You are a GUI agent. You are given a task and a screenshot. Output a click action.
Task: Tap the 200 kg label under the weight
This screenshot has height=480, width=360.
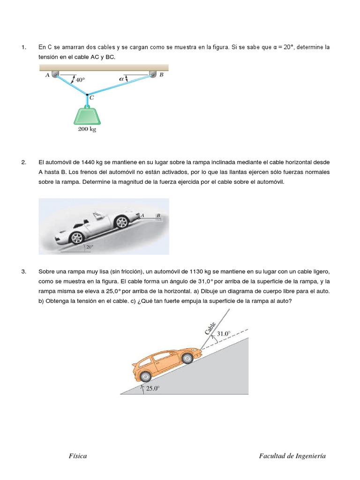coord(87,130)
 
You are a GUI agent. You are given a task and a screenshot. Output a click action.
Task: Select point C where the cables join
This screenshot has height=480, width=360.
coord(87,94)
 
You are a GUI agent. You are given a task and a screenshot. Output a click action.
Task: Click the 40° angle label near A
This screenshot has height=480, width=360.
coord(79,80)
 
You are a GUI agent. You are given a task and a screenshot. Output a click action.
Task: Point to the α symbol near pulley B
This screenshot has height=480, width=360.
coord(122,79)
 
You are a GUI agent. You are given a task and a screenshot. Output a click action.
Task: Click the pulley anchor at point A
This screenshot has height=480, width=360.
coord(55,74)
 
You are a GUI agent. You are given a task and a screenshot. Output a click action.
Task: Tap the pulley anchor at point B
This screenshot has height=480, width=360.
coord(153,74)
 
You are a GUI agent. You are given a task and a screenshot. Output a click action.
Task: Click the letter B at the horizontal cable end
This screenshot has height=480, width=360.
coord(158,215)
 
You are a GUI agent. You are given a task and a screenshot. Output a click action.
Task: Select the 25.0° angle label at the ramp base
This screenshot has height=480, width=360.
coord(152,388)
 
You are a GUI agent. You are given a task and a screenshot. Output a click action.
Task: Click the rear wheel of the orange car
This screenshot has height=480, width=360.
coord(145,376)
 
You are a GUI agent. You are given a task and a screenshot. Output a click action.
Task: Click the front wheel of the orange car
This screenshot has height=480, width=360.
coord(187,359)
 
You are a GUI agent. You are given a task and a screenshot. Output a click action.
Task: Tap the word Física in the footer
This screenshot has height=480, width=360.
coord(77,456)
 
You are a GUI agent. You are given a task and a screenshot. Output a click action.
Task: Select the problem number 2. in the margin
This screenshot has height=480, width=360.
coord(24,163)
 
